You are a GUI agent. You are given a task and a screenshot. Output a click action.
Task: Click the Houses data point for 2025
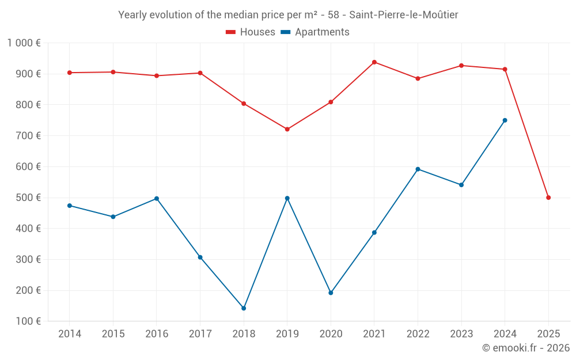(548, 198)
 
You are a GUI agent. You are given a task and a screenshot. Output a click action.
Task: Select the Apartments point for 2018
(244, 308)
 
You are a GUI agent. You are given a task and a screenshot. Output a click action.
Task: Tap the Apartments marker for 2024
(505, 120)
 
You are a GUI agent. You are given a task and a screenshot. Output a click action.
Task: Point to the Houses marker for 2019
(287, 129)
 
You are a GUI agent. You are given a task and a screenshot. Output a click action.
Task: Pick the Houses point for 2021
(374, 62)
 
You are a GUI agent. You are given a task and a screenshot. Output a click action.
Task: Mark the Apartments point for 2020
(331, 293)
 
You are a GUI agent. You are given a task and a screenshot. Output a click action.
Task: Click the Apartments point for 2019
(287, 198)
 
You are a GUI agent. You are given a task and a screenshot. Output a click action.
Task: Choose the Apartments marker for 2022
(418, 169)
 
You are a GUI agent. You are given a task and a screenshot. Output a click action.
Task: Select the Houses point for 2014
(70, 73)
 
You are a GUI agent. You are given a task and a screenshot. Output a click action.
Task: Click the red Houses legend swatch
(230, 32)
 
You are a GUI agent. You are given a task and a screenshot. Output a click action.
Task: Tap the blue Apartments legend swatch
(286, 32)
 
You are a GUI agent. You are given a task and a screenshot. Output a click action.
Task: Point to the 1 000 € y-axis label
(24, 43)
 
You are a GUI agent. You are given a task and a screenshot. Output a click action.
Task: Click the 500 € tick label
(28, 198)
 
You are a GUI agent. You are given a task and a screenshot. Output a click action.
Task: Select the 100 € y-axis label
(28, 321)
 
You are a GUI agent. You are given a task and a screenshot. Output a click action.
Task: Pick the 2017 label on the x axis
(200, 334)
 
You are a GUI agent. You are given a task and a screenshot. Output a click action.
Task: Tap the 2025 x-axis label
(548, 334)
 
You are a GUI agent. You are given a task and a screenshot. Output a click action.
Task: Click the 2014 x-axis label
(70, 334)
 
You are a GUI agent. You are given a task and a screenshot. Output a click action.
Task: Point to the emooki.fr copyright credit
(525, 348)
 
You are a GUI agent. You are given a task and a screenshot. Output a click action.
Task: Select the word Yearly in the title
(133, 15)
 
